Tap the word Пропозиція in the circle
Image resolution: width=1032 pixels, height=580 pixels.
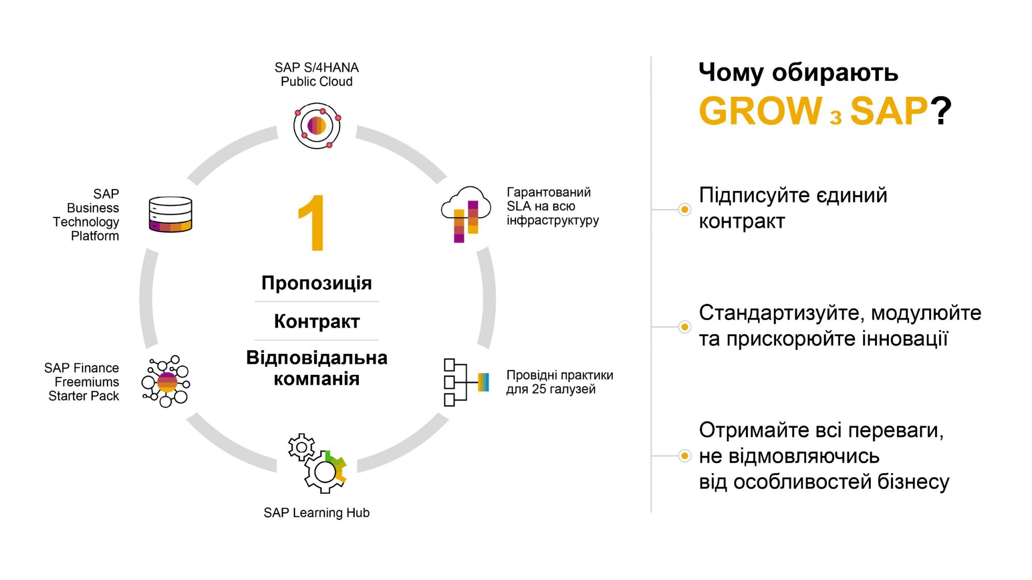pos(316,283)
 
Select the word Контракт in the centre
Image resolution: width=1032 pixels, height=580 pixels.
pos(316,321)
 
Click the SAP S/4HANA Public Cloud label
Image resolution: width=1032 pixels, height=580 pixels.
pos(316,75)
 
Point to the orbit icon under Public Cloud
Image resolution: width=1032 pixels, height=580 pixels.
pos(317,125)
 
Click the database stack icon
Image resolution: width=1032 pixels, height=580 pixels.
pos(170,214)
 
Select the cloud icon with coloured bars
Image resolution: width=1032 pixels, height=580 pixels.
pos(466,214)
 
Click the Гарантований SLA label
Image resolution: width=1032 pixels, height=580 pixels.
pos(553,206)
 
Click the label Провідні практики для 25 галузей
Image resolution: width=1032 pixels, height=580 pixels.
pos(559,382)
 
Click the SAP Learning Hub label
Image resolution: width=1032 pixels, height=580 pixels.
pos(316,512)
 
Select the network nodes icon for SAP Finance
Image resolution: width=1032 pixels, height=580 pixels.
pos(166,381)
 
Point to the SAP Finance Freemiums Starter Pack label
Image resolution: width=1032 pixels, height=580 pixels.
pos(82,382)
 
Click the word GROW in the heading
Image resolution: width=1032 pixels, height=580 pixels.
pos(760,111)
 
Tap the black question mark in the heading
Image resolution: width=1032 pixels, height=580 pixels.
pos(941,111)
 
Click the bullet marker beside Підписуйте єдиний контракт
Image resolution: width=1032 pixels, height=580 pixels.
pos(684,209)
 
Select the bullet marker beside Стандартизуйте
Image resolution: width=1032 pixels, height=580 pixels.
pos(684,327)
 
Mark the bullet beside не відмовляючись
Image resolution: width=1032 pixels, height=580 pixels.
pos(684,456)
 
